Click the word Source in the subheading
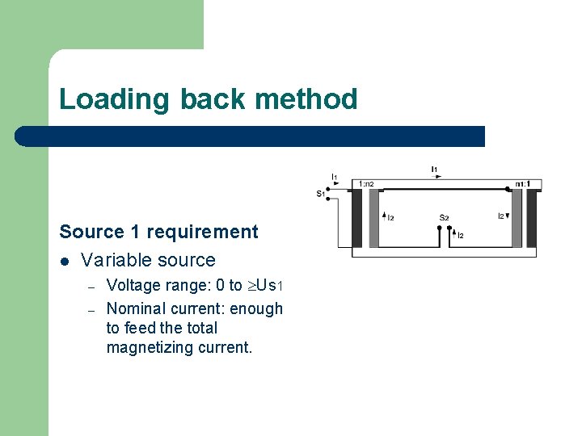click(x=86, y=233)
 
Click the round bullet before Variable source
click(x=65, y=261)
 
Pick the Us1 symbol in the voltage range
click(x=267, y=285)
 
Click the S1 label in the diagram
click(x=320, y=194)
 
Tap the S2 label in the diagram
click(x=444, y=217)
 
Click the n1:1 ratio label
click(x=522, y=184)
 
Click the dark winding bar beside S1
click(x=356, y=218)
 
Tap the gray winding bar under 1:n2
click(x=373, y=218)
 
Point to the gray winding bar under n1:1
click(x=516, y=218)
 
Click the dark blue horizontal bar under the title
click(x=251, y=136)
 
